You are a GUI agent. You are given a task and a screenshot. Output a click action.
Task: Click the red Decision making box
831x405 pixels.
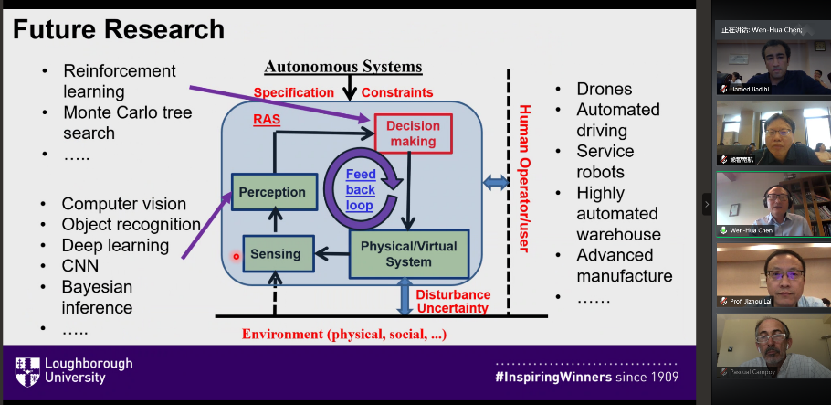pyautogui.click(x=413, y=133)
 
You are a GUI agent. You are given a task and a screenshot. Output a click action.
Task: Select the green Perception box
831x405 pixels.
pyautogui.click(x=271, y=193)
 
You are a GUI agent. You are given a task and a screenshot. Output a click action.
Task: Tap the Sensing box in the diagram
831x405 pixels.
pyautogui.click(x=277, y=254)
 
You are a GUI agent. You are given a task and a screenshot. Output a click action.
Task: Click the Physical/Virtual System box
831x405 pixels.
pyautogui.click(x=408, y=254)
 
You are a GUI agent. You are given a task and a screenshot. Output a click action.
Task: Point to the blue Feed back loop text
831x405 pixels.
pyautogui.click(x=360, y=189)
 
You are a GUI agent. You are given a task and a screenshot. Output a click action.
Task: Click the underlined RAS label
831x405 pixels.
pyautogui.click(x=266, y=119)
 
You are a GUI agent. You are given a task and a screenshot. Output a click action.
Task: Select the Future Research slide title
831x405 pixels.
pyautogui.click(x=119, y=29)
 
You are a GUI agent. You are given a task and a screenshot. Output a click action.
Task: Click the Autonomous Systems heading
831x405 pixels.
pyautogui.click(x=343, y=67)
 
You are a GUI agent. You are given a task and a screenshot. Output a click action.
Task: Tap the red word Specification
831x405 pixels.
pyautogui.click(x=294, y=92)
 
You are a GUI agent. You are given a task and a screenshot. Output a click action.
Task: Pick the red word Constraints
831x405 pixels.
pyautogui.click(x=397, y=92)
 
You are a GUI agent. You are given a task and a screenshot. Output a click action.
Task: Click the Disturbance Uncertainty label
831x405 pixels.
pyautogui.click(x=453, y=301)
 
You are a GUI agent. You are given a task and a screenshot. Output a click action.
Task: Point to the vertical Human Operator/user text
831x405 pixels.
pyautogui.click(x=524, y=178)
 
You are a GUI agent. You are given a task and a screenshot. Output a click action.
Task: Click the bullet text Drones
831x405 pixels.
pyautogui.click(x=605, y=90)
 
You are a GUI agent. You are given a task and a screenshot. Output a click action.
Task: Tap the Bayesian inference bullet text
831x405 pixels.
pyautogui.click(x=98, y=297)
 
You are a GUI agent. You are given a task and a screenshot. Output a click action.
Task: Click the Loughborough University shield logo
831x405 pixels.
pyautogui.click(x=26, y=371)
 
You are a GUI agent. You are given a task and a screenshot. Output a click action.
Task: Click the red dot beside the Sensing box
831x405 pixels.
pyautogui.click(x=237, y=257)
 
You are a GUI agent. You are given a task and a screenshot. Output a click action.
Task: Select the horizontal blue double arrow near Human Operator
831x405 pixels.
pyautogui.click(x=497, y=183)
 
